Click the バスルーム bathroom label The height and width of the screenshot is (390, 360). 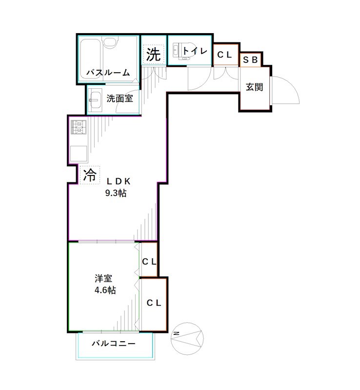point(108,73)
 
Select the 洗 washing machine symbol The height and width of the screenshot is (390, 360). point(154,54)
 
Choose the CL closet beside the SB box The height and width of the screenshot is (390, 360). point(225,55)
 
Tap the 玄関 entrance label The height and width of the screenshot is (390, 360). point(254,87)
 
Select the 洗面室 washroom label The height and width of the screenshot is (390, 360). point(120,98)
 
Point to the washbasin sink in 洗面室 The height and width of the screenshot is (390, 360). point(95,99)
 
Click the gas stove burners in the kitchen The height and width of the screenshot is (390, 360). point(78,128)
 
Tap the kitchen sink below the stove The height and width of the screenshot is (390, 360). point(78,154)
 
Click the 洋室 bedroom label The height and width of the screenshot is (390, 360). point(104,279)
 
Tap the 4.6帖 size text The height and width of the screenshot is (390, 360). point(104,290)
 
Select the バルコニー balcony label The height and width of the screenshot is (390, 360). point(113,344)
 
